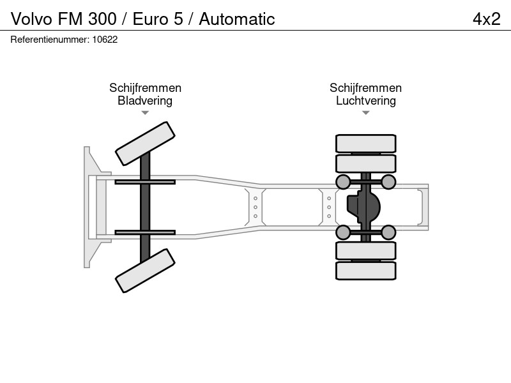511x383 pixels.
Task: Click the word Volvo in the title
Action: [31, 19]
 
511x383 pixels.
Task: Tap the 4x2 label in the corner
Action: [486, 19]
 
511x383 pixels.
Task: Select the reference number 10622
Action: [105, 40]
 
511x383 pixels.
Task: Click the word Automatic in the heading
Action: [237, 19]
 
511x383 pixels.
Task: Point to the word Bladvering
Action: [145, 101]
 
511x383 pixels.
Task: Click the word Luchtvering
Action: [366, 101]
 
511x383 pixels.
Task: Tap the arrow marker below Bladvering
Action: [145, 113]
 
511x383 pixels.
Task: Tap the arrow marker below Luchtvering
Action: [366, 113]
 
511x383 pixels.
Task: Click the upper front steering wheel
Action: [146, 144]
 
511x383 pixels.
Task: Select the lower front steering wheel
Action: [146, 271]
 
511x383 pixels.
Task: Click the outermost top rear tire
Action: [366, 143]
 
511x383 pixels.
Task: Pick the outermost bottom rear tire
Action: [366, 271]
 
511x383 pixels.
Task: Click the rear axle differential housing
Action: [363, 207]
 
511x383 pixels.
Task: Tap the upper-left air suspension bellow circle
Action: [343, 182]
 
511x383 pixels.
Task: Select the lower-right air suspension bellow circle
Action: [388, 232]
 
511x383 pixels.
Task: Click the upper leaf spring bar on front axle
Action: [145, 182]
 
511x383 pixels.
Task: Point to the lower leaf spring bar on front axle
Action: [145, 232]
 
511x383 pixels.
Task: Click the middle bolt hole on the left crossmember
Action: [256, 207]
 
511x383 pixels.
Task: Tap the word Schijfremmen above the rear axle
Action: [365, 88]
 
